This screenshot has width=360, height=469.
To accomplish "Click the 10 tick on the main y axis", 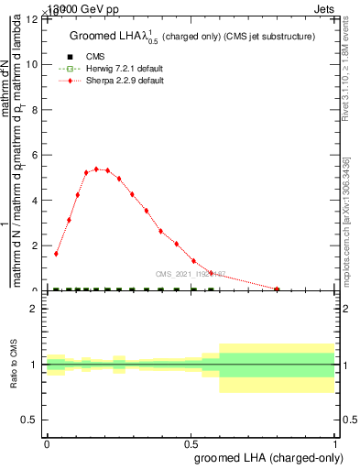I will click(x=35, y=65).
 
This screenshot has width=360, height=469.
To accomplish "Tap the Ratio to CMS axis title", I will click(x=14, y=366).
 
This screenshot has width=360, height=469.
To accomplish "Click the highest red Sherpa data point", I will click(x=96, y=169).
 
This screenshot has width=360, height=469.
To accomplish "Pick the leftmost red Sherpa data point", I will click(x=56, y=254).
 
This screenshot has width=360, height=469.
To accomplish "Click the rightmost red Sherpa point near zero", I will click(x=277, y=289).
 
